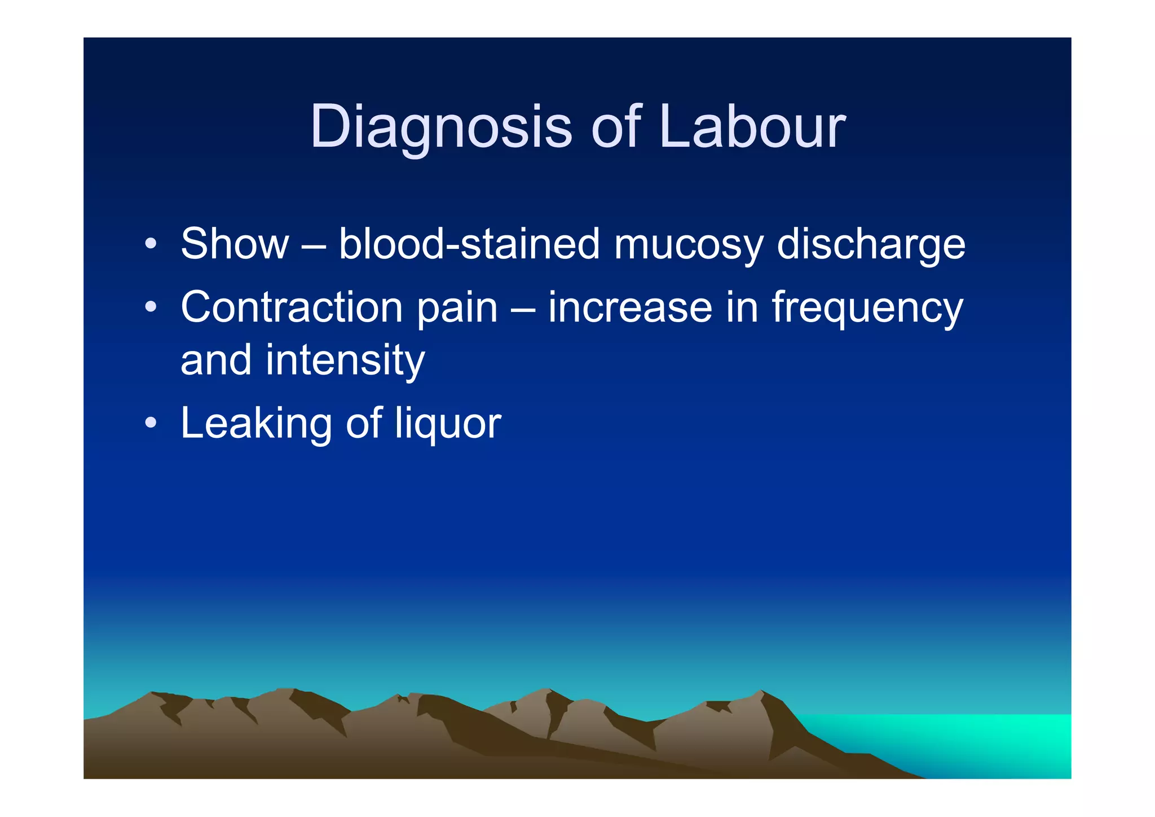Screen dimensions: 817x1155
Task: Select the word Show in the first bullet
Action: [x=235, y=244]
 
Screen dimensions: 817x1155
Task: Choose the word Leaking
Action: [x=256, y=424]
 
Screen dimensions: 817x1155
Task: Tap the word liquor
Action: [x=448, y=424]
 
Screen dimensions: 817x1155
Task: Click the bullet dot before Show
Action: [x=150, y=244]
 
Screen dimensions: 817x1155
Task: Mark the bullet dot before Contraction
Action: [x=150, y=308]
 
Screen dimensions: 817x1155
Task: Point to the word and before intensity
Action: [x=215, y=360]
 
